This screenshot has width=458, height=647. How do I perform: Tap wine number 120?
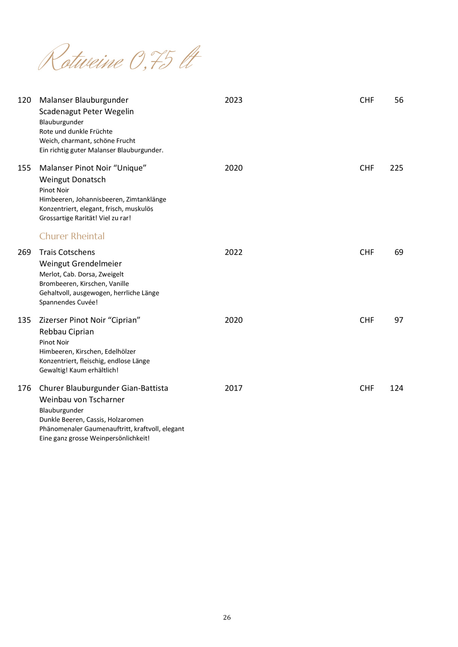24,100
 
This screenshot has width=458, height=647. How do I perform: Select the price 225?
396,168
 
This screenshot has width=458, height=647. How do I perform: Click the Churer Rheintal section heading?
72,236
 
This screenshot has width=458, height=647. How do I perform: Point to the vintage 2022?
234,252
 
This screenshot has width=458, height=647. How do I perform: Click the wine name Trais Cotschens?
67,252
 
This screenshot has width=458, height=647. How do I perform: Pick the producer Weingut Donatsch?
72,180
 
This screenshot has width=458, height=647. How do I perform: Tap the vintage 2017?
234,388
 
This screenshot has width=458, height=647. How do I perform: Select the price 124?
396,388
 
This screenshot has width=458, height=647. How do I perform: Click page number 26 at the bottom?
227,617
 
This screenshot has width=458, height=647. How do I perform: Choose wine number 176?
24,388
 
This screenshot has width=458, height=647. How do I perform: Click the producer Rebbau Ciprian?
67,332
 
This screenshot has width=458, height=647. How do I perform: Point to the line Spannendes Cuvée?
68,302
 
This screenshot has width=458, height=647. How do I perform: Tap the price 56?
399,100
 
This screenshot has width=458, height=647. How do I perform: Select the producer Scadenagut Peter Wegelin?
86,112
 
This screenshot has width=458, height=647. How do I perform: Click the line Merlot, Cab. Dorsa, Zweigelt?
81,274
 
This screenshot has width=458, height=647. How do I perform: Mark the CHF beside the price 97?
367,320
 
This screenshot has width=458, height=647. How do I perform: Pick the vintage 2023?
234,100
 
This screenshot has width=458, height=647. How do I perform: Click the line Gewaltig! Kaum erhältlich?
79,370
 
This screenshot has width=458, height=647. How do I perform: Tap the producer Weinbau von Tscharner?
82,400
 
